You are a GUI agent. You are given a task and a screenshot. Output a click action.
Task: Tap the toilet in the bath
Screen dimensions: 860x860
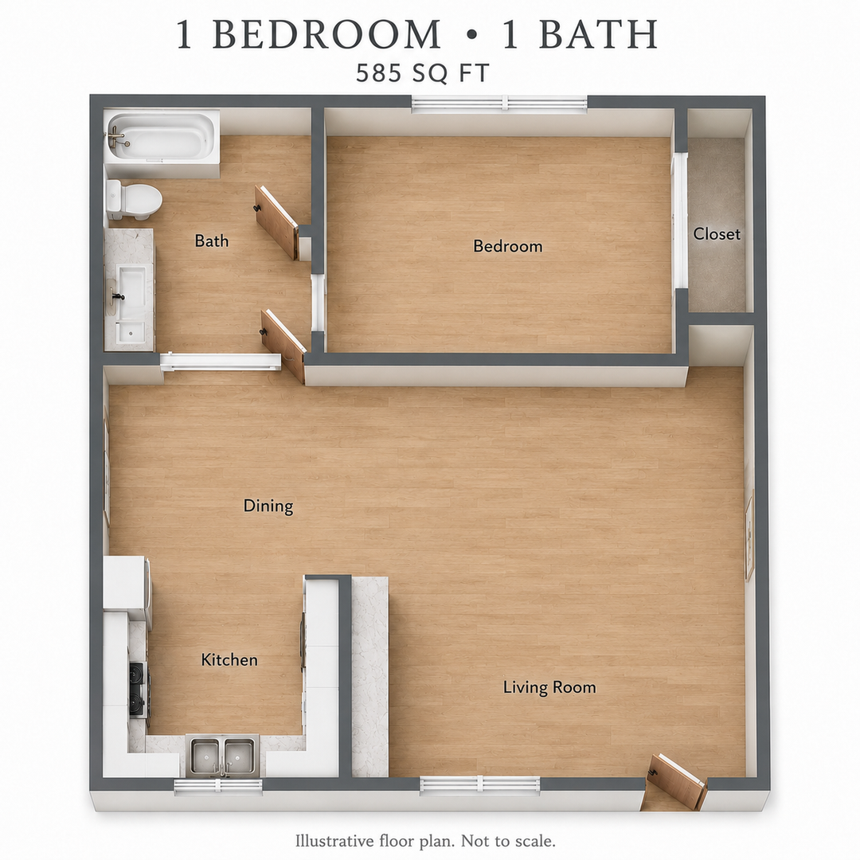coord(133,199)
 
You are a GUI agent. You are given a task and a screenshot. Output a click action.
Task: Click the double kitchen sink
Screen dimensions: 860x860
coord(223,756)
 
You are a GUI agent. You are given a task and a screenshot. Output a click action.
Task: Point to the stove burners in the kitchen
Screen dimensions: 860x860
coord(139,690)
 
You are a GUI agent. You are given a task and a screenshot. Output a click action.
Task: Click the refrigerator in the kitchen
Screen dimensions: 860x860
coord(127,582)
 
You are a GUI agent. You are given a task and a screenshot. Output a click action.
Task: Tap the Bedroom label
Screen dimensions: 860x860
coord(508,246)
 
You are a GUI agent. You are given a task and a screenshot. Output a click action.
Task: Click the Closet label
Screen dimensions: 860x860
coord(717,234)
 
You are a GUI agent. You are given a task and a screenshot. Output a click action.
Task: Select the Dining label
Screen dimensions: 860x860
coord(268,506)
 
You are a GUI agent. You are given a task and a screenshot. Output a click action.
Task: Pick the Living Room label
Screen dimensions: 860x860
coord(549,687)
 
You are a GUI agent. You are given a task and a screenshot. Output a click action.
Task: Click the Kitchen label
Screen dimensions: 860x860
coord(229,659)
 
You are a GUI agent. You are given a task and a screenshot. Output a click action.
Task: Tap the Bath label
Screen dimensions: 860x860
coord(212,240)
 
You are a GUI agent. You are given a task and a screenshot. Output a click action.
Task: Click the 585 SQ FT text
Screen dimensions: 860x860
coord(422,73)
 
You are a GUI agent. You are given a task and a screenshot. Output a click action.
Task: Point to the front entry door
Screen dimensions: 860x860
coord(677,780)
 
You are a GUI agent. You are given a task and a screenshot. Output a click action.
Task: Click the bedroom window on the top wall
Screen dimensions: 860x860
coord(499,103)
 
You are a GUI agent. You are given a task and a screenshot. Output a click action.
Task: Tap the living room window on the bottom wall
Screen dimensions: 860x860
coord(480,785)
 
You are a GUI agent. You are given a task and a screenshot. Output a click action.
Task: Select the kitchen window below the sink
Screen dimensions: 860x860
coord(218,787)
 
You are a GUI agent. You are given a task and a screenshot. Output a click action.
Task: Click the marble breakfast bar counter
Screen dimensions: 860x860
coord(369,676)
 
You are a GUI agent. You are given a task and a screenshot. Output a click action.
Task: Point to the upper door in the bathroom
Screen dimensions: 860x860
coord(278,221)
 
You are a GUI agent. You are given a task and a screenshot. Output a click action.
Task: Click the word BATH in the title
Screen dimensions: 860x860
coord(599,34)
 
